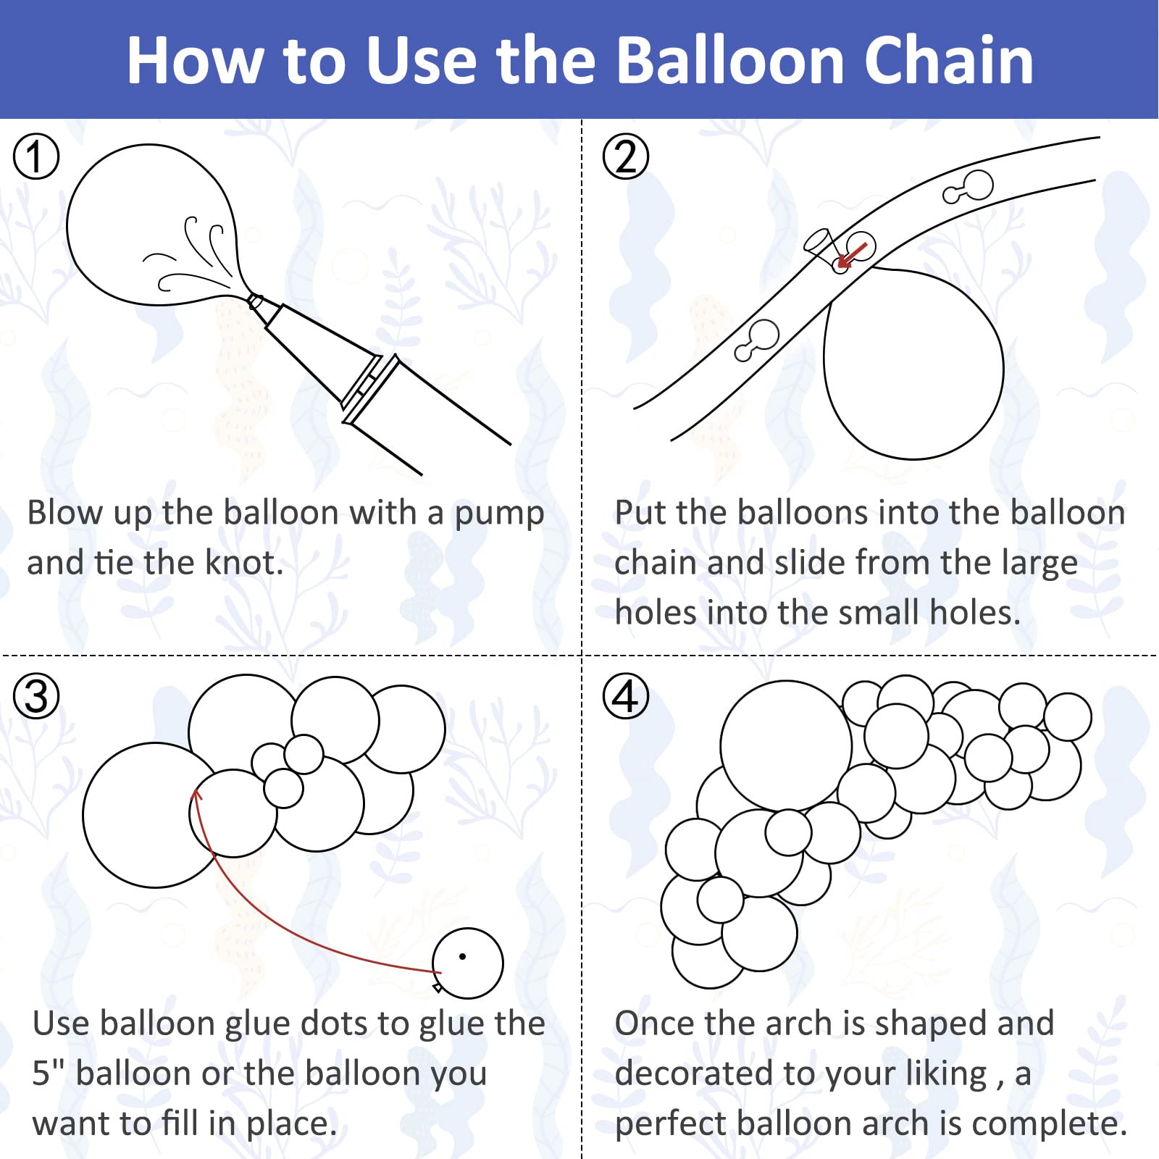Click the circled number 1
(x=36, y=156)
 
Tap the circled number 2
(x=626, y=156)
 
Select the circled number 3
(x=36, y=696)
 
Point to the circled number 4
(x=626, y=696)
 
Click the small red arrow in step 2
(x=851, y=255)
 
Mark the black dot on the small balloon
(x=462, y=956)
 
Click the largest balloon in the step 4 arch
(x=786, y=745)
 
